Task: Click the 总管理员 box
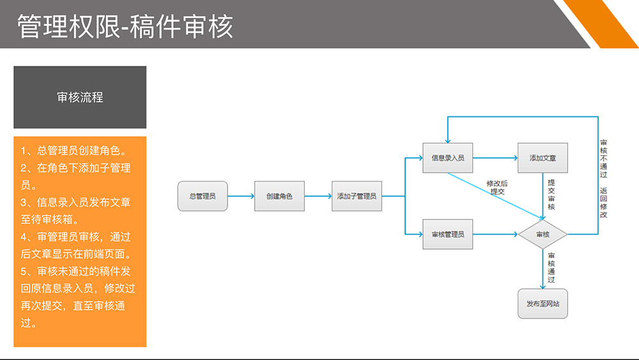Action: [x=203, y=196]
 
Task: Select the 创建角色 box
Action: [x=279, y=196]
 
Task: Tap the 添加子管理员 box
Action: [x=357, y=196]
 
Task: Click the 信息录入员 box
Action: [x=447, y=158]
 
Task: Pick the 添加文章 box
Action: [x=543, y=158]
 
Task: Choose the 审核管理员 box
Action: [x=447, y=234]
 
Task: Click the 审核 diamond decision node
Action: [x=543, y=235]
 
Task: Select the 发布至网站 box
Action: [x=543, y=304]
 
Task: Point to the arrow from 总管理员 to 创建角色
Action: [x=241, y=196]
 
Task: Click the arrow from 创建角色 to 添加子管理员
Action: [x=318, y=196]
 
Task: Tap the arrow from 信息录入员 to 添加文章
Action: [x=495, y=158]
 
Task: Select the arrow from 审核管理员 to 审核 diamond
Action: [x=495, y=235]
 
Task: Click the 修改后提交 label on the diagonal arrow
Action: [x=497, y=187]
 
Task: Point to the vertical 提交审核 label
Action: [x=551, y=194]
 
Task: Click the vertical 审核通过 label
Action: [x=551, y=267]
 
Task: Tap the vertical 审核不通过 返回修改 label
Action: [x=603, y=179]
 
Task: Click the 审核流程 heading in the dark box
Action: [x=80, y=98]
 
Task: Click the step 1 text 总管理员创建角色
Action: [x=73, y=152]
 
